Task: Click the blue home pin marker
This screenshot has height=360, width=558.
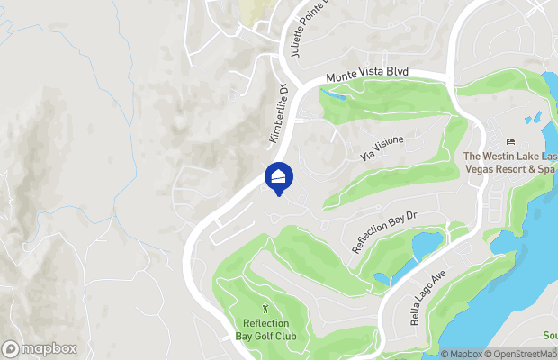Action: pyautogui.click(x=279, y=176)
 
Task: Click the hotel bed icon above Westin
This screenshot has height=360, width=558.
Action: pyautogui.click(x=511, y=142)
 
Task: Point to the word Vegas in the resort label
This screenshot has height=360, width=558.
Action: pyautogui.click(x=479, y=168)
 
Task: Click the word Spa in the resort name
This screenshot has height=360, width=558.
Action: pyautogui.click(x=544, y=168)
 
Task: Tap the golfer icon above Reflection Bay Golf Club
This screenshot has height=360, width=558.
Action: pyautogui.click(x=265, y=309)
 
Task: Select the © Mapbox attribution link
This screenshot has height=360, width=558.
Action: pyautogui.click(x=461, y=354)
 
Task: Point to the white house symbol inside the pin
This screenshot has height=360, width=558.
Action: pyautogui.click(x=279, y=174)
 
